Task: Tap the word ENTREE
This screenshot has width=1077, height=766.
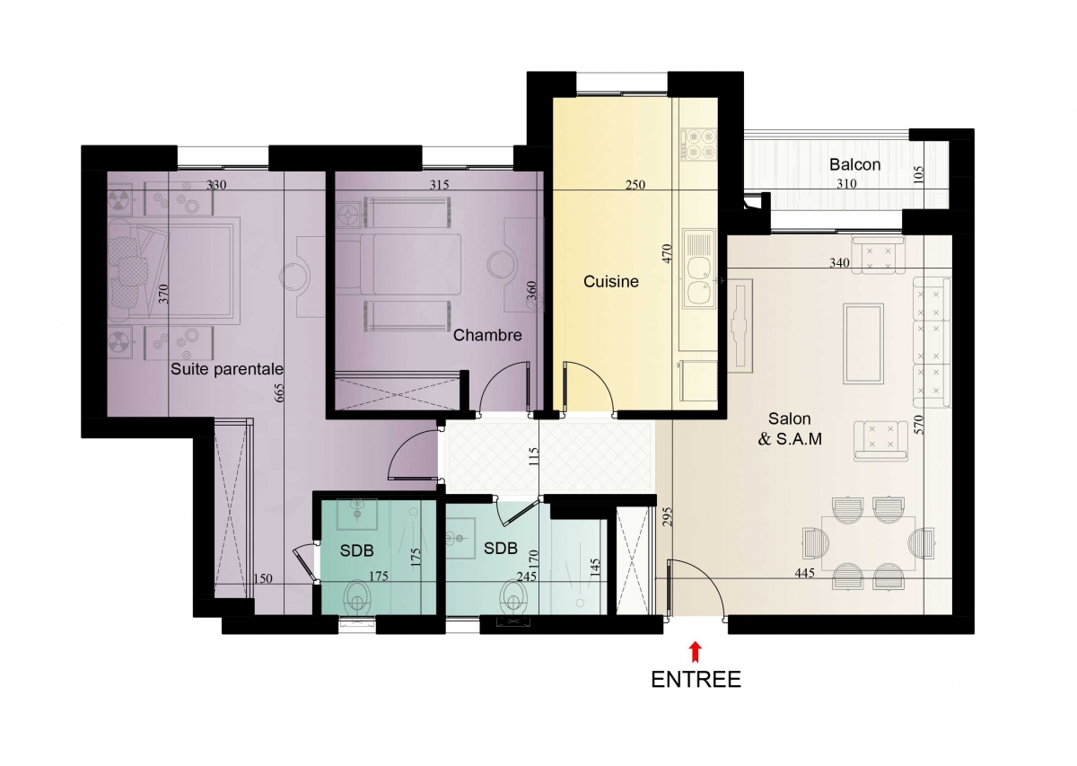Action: [696, 680]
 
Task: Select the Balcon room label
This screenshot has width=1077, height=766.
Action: [854, 164]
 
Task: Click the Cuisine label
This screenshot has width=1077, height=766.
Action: [611, 281]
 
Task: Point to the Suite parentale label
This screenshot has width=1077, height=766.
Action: [227, 369]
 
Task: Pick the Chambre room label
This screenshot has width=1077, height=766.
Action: [487, 335]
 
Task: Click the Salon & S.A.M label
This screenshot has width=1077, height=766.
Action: [790, 428]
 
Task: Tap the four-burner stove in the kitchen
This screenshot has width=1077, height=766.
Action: [699, 145]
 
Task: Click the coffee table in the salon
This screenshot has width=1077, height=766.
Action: [863, 344]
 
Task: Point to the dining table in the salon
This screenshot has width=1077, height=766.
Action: [869, 543]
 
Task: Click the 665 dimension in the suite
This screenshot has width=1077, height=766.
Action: [279, 392]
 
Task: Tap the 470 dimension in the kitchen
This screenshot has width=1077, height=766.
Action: [667, 253]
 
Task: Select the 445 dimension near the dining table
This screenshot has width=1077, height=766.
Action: [805, 573]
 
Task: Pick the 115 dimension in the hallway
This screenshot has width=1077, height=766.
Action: [534, 457]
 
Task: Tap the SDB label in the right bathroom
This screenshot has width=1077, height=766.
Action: [501, 548]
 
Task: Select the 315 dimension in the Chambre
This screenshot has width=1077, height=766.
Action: [440, 185]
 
